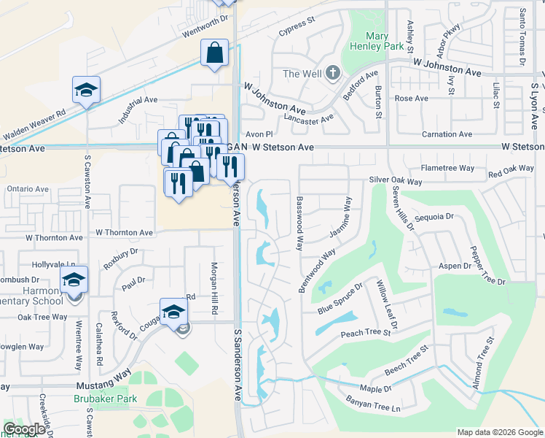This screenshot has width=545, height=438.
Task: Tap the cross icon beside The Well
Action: coord(333,72)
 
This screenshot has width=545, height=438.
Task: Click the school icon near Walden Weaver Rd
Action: coord(86,91)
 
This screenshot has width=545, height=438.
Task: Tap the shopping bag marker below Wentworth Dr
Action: coord(215,53)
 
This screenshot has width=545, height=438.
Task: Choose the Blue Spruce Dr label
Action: coord(340,300)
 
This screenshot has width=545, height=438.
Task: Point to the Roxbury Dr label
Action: coord(121,259)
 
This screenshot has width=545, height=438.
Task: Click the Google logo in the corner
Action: coord(25,429)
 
